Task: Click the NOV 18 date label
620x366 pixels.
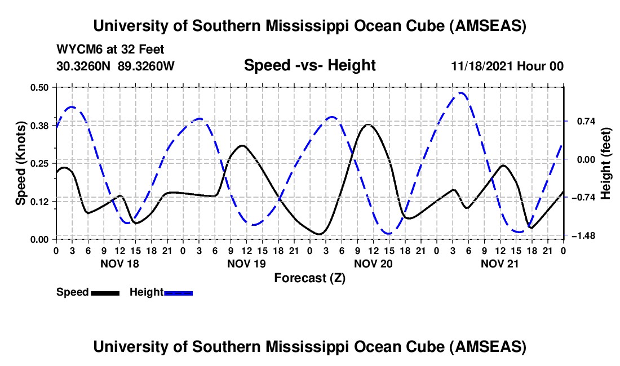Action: (119, 263)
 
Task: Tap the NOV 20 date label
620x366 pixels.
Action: (373, 263)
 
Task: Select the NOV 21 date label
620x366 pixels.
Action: (500, 263)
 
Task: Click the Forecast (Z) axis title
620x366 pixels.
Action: (309, 278)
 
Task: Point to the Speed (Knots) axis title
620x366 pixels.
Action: (21, 163)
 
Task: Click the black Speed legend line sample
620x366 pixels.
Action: (104, 293)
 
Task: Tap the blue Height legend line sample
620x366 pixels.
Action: (178, 293)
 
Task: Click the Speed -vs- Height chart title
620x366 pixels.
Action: (309, 65)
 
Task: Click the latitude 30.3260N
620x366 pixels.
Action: (85, 66)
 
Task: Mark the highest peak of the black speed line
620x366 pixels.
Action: (368, 124)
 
